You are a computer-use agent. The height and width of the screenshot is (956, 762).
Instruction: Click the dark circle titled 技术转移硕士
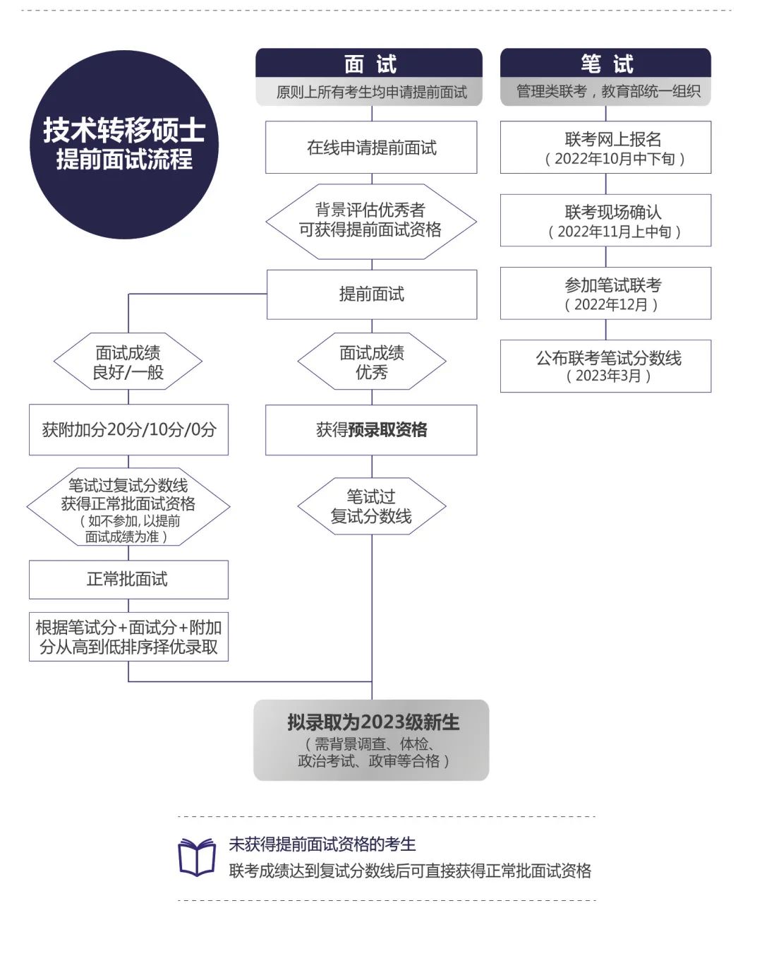(x=124, y=145)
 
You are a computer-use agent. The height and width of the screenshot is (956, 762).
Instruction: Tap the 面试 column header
(x=369, y=64)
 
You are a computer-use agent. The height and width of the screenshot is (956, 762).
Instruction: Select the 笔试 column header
(x=605, y=64)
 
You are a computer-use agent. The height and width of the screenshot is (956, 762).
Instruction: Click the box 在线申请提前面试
(x=371, y=148)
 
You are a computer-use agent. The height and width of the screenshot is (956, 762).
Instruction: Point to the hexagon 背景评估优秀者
(x=371, y=220)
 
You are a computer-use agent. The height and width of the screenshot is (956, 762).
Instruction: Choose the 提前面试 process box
(x=371, y=294)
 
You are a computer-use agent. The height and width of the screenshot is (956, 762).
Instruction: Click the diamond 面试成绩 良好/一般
(x=128, y=362)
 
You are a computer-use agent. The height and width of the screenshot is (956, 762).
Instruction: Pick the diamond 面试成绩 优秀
(x=371, y=362)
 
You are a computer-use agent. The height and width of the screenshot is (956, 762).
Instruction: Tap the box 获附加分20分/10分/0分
(x=128, y=429)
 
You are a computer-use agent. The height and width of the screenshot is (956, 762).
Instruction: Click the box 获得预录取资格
(x=371, y=429)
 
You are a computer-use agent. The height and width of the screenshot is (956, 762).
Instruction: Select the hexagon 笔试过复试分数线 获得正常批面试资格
(x=128, y=506)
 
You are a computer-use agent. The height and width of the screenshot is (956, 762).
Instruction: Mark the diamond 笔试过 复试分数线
(x=371, y=506)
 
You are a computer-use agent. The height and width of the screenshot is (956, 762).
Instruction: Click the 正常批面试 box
(x=128, y=580)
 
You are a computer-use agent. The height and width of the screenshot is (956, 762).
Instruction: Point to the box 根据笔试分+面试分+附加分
(x=128, y=637)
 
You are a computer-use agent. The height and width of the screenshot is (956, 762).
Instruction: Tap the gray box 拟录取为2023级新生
(x=371, y=740)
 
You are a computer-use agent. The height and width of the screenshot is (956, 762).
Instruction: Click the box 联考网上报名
(x=605, y=148)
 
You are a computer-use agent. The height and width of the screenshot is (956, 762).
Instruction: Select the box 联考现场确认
(x=605, y=220)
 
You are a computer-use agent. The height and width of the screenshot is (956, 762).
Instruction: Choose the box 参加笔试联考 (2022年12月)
(x=605, y=294)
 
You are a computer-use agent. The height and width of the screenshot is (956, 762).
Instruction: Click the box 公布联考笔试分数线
(x=605, y=366)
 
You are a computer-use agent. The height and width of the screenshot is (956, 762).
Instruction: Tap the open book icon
(x=197, y=857)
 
